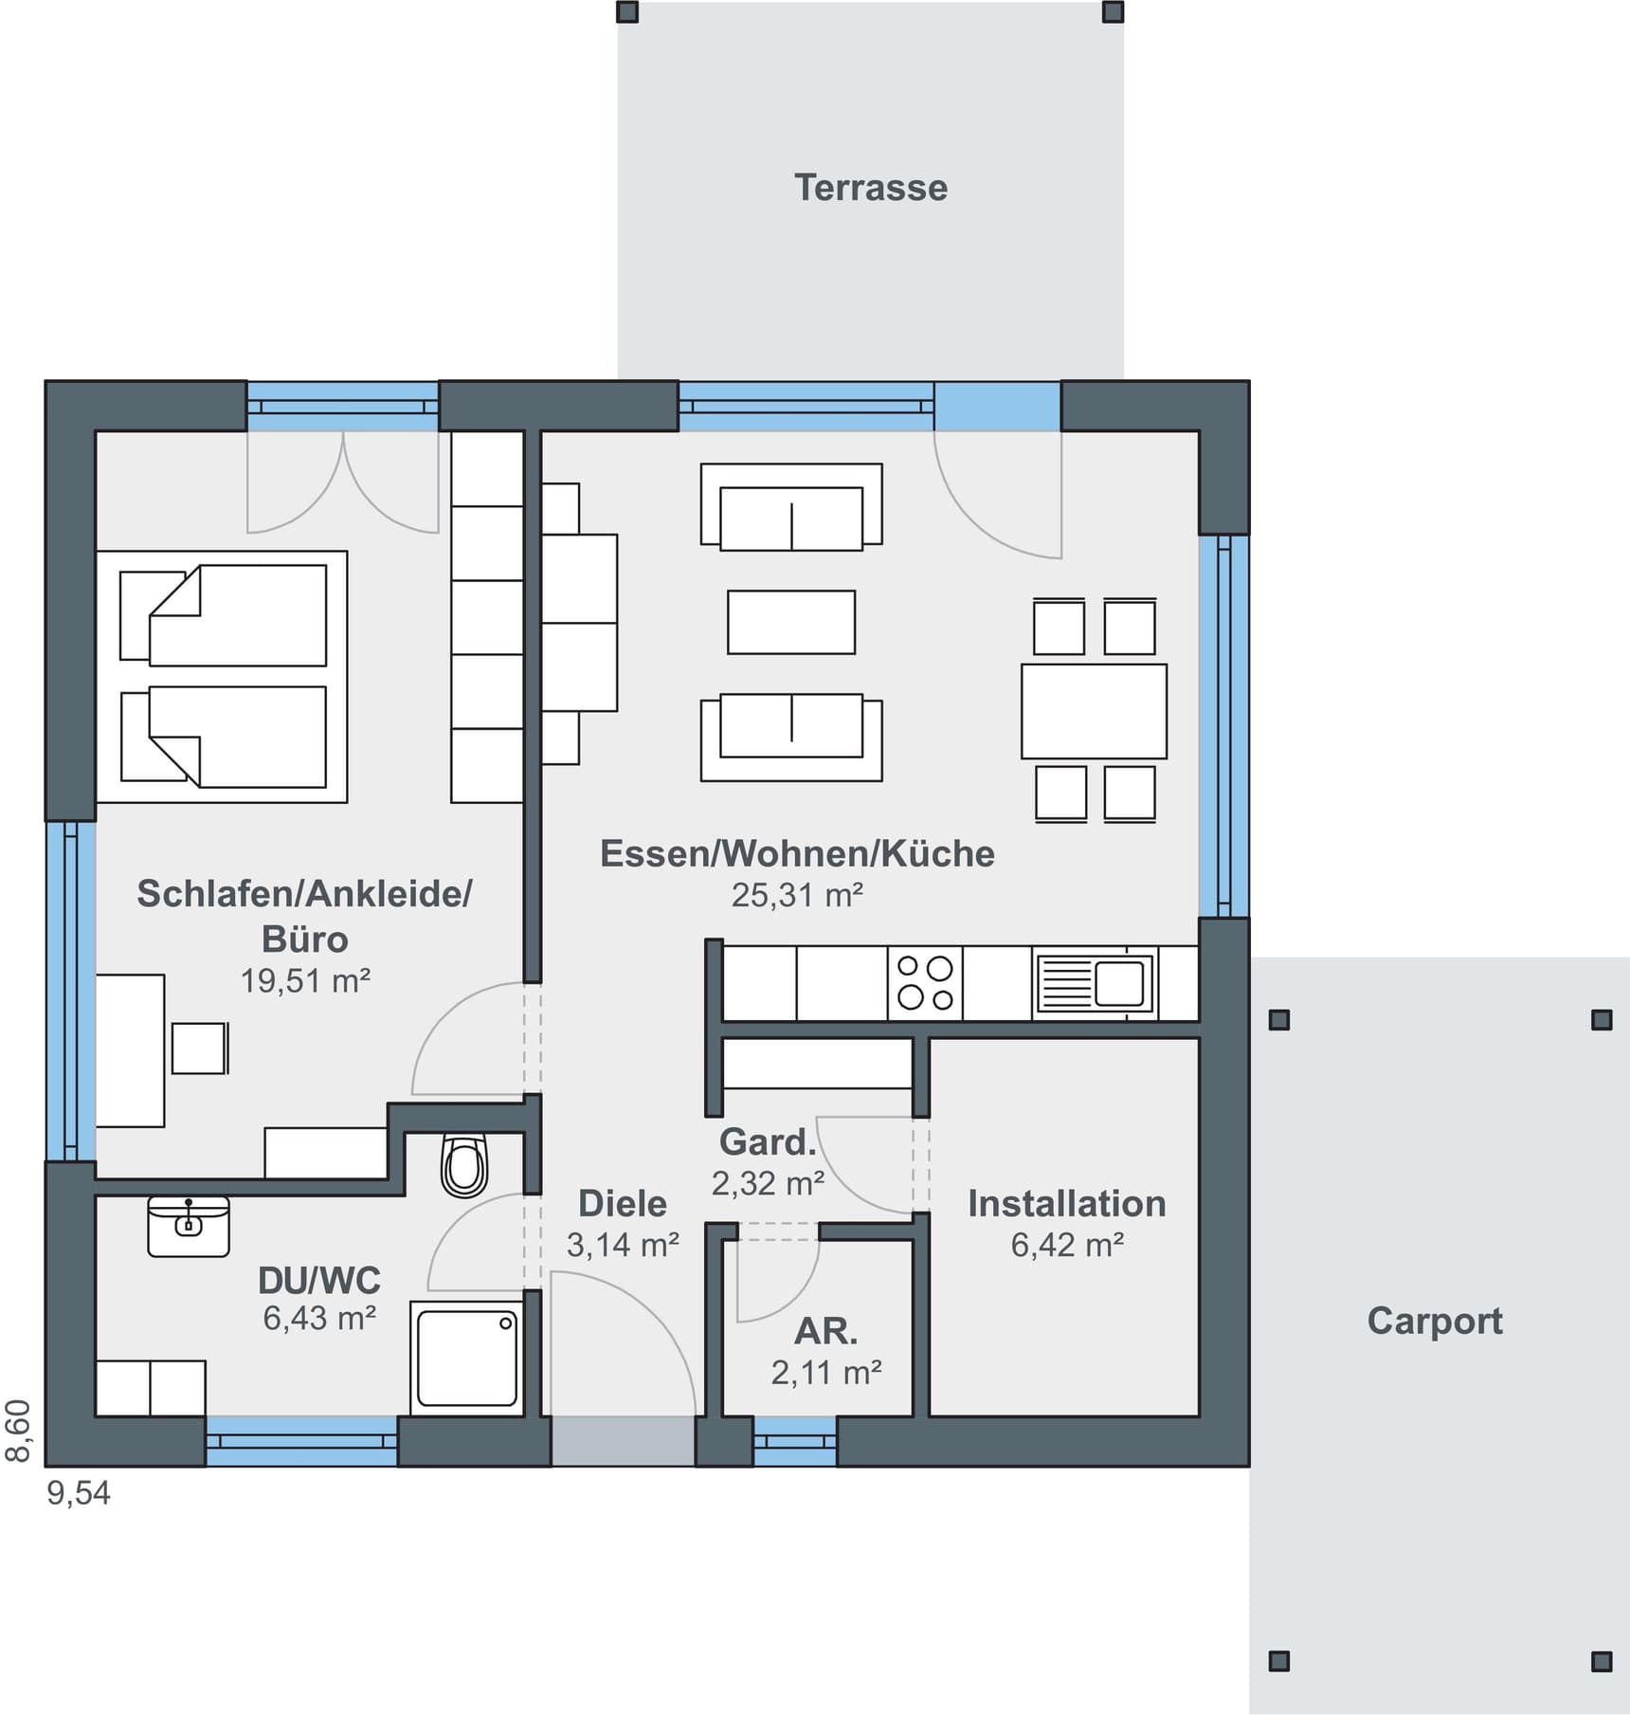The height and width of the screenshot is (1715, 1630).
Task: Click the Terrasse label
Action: [870, 188]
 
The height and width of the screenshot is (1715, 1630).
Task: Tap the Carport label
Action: [1434, 1321]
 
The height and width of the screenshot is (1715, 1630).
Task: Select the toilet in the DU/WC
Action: [464, 1166]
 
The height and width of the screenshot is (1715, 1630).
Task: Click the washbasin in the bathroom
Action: [189, 1226]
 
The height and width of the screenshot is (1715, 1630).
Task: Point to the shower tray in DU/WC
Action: [467, 1358]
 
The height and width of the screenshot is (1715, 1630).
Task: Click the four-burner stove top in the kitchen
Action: [925, 983]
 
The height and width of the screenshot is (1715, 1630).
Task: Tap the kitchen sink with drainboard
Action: [1096, 983]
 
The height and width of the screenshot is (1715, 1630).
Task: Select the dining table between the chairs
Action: [1094, 711]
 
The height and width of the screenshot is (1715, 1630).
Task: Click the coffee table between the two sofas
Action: [791, 622]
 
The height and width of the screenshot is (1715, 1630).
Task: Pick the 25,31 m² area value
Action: [797, 896]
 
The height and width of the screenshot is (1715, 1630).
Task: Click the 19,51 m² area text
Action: [304, 980]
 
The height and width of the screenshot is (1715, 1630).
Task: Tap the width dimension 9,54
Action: [79, 1493]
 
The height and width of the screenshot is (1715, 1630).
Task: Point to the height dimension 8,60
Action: [19, 1431]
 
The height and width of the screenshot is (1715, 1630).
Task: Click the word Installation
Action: [1066, 1204]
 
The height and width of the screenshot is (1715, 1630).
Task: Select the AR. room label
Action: [825, 1332]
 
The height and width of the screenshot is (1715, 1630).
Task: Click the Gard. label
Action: [768, 1142]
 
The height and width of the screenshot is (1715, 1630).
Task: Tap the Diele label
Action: [623, 1204]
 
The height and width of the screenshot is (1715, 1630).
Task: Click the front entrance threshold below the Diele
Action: [623, 1440]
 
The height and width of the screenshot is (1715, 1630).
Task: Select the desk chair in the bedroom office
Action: [198, 1048]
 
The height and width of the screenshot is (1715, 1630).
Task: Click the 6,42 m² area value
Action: [1066, 1245]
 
